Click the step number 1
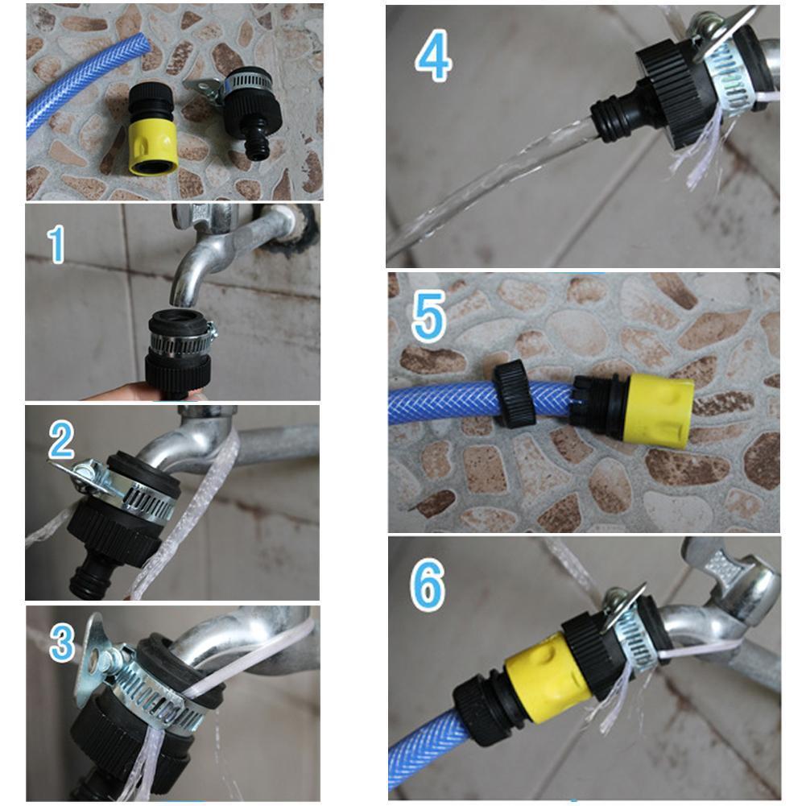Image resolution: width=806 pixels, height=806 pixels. click(56, 245)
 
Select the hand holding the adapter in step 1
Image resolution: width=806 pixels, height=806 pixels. click(121, 393)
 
